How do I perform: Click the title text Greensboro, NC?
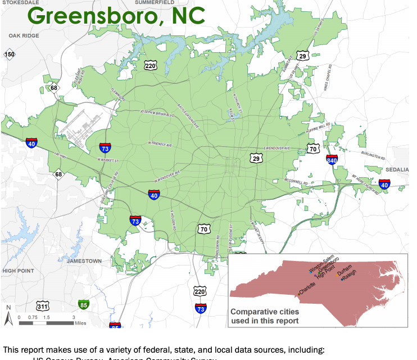tap(116, 15)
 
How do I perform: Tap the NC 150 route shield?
tap(10, 55)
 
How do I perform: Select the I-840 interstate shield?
tap(332, 160)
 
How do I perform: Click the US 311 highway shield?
tap(43, 306)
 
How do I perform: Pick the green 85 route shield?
tap(84, 305)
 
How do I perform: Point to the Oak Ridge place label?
tap(23, 35)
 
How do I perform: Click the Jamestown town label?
tap(84, 261)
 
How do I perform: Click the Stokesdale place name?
tap(22, 3)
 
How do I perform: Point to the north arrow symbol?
tap(8, 316)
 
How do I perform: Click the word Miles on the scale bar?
tap(79, 323)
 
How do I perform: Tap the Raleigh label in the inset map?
tap(350, 277)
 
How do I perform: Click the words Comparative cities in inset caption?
tap(264, 312)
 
